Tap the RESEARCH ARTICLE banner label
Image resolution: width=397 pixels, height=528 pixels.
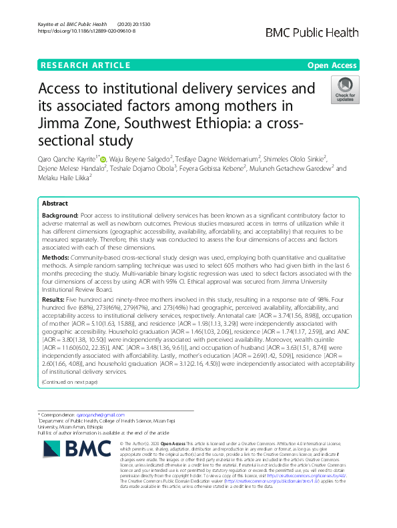click(85, 65)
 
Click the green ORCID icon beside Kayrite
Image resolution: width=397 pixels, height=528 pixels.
click(103, 159)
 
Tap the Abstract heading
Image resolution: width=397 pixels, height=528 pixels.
click(54, 204)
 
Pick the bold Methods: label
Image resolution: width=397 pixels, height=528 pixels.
click(56, 256)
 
